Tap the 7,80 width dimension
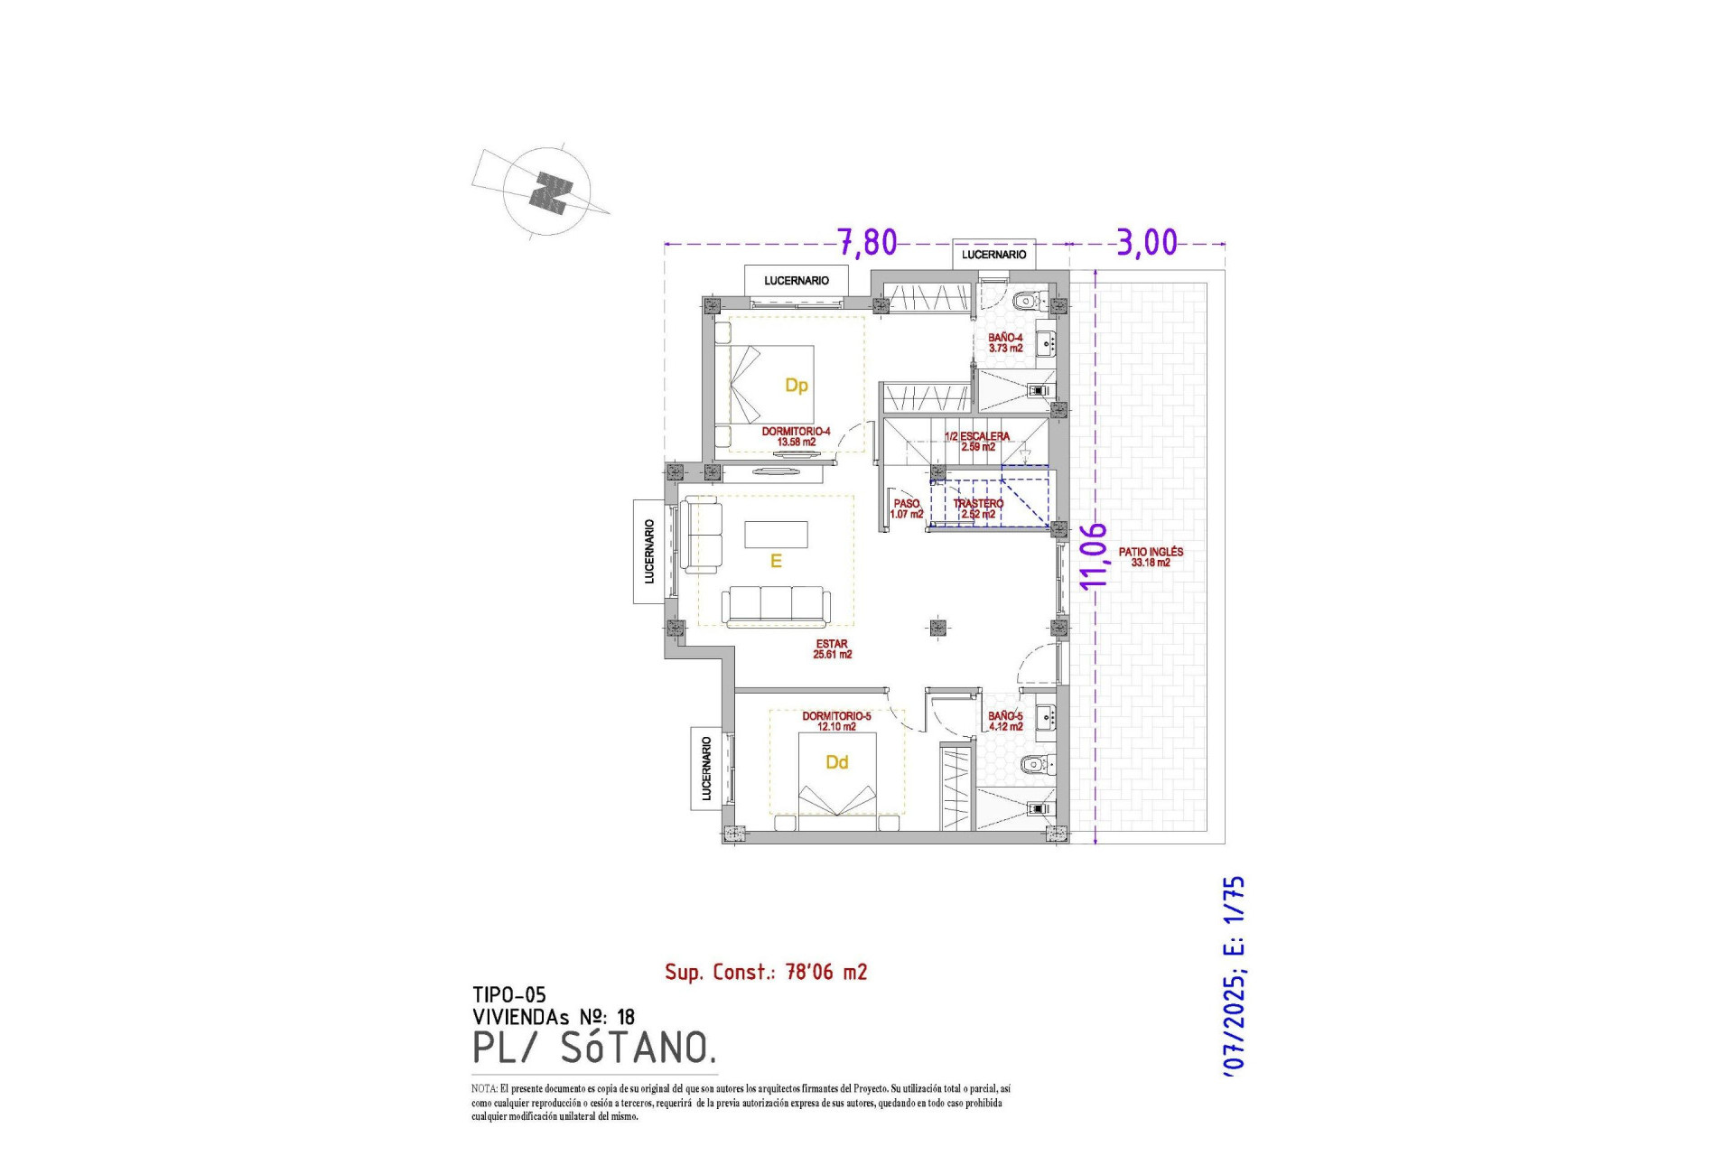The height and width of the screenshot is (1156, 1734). pyautogui.click(x=867, y=242)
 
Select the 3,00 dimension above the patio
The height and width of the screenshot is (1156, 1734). pyautogui.click(x=1147, y=242)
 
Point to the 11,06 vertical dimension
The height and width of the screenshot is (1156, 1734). pyautogui.click(x=1094, y=555)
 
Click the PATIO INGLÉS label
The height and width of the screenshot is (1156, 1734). pyautogui.click(x=1151, y=556)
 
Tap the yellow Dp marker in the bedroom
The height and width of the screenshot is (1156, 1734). pyautogui.click(x=796, y=386)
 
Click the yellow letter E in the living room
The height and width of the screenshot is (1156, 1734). pyautogui.click(x=775, y=562)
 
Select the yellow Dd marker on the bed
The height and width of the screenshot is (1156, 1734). pyautogui.click(x=836, y=762)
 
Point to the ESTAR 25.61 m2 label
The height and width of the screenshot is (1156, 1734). pyautogui.click(x=832, y=648)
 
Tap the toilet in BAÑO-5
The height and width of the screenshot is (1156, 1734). pyautogui.click(x=1035, y=765)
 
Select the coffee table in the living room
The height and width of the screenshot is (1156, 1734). pyautogui.click(x=776, y=535)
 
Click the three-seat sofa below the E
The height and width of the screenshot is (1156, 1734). pyautogui.click(x=776, y=605)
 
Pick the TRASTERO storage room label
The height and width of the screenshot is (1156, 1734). pyautogui.click(x=978, y=508)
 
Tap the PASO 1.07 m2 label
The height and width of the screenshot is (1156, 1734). pyautogui.click(x=907, y=508)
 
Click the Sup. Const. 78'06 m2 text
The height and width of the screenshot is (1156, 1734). pyautogui.click(x=766, y=972)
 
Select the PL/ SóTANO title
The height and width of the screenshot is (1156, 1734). pyautogui.click(x=594, y=1048)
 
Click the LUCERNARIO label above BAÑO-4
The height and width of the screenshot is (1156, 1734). pyautogui.click(x=993, y=255)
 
